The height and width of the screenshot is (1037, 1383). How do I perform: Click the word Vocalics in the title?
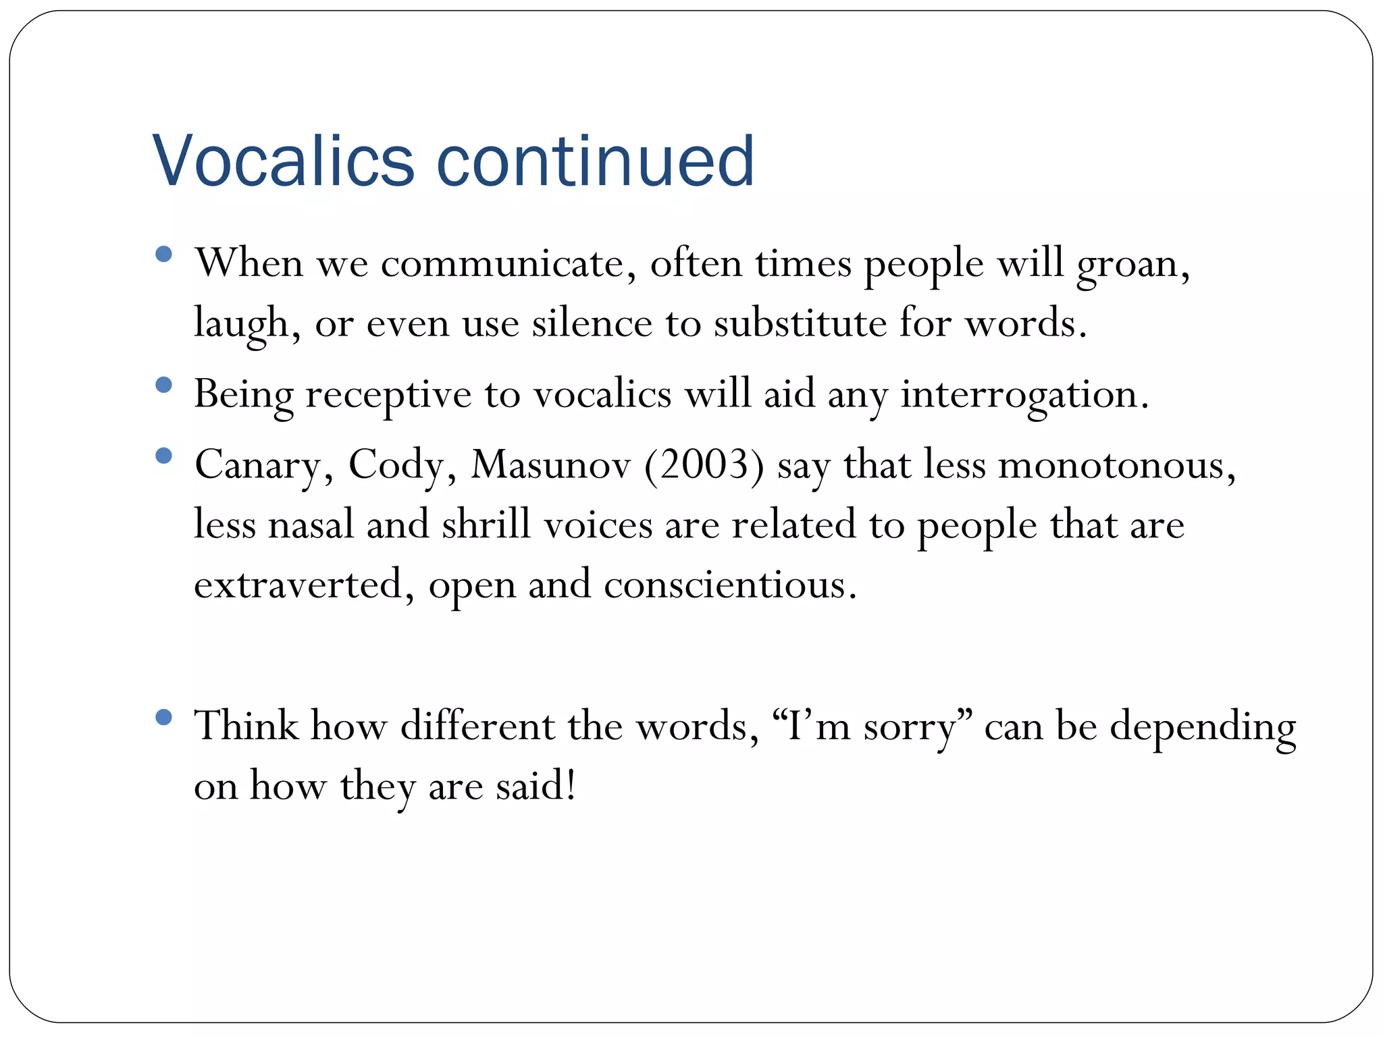point(283,161)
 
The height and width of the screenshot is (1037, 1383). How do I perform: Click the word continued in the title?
point(595,161)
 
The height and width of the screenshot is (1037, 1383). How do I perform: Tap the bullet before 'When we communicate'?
point(163,255)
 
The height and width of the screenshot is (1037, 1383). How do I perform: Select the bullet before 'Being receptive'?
point(163,385)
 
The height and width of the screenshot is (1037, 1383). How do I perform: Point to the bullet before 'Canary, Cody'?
point(163,456)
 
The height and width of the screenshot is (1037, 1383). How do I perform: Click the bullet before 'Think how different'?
point(163,717)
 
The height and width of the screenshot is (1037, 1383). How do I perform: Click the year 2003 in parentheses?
point(704,465)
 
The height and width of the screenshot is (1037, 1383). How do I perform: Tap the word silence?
point(592,323)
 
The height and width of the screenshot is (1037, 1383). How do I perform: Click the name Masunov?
point(550,465)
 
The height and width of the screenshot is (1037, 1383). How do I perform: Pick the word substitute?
point(800,323)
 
